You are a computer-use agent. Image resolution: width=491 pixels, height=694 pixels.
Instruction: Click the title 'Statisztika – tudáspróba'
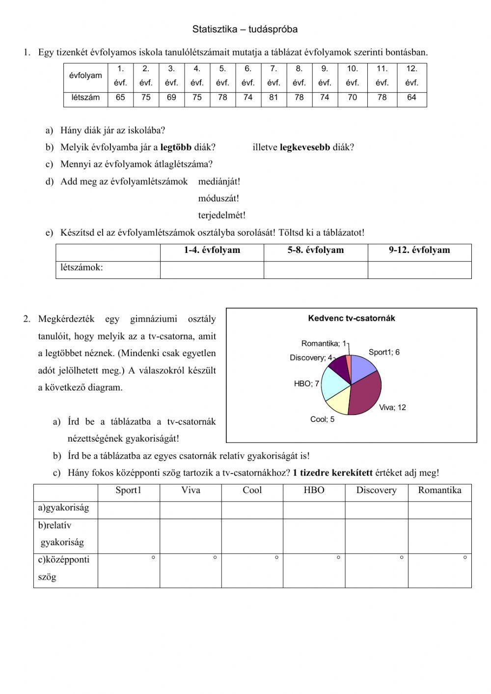(245, 29)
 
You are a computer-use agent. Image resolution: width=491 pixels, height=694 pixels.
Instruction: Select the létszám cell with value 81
(273, 97)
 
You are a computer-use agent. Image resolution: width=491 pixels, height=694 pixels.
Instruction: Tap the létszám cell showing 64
(411, 97)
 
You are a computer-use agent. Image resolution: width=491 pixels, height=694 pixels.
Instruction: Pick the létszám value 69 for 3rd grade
(171, 97)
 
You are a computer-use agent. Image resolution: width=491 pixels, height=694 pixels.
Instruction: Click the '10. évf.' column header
(352, 76)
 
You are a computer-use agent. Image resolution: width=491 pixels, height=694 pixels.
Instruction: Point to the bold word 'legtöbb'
(176, 147)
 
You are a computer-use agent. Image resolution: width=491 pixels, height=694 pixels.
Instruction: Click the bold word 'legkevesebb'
(304, 147)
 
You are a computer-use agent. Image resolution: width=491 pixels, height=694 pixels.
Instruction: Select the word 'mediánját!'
(219, 181)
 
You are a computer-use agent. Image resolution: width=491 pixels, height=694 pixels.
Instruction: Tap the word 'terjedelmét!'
(221, 215)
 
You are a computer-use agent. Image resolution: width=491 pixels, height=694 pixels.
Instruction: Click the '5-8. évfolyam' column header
(316, 250)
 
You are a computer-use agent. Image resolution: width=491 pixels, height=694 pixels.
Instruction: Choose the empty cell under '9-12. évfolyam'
(419, 270)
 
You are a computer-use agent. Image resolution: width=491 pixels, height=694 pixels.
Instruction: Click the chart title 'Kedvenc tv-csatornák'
(352, 318)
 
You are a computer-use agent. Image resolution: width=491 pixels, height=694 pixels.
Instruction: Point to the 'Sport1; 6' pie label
(384, 352)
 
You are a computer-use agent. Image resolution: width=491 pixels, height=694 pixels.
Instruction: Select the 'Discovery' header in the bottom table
(376, 490)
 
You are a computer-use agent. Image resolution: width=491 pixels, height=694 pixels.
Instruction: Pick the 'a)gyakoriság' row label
(64, 508)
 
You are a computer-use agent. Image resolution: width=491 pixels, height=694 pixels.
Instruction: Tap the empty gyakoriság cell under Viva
(191, 510)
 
